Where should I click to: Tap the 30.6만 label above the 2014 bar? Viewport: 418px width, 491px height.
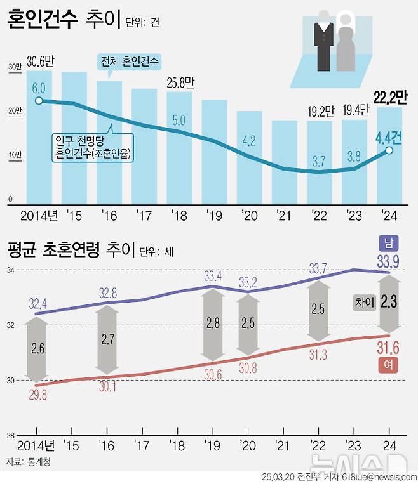tap(41, 62)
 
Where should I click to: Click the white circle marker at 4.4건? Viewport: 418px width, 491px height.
tap(389, 150)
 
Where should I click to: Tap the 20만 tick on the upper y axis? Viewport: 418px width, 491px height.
tap(14, 111)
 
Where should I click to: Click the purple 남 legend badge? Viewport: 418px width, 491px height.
tap(388, 242)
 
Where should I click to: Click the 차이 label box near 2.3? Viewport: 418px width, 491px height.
tap(363, 303)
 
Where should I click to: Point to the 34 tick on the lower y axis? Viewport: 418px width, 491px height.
tap(11, 270)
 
